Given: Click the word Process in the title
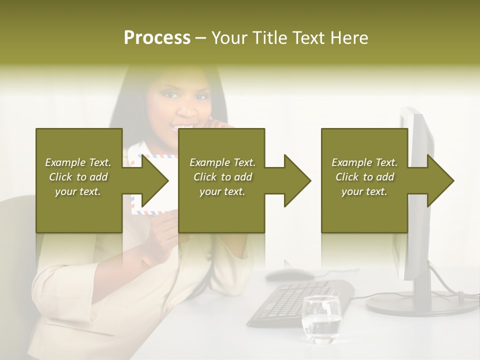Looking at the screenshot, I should point(157,37).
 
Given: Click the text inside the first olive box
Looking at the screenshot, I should point(78,176).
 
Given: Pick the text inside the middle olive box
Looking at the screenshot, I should point(222,176).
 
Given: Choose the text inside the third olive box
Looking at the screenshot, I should point(364,176).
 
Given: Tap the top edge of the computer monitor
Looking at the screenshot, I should point(412,111).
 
